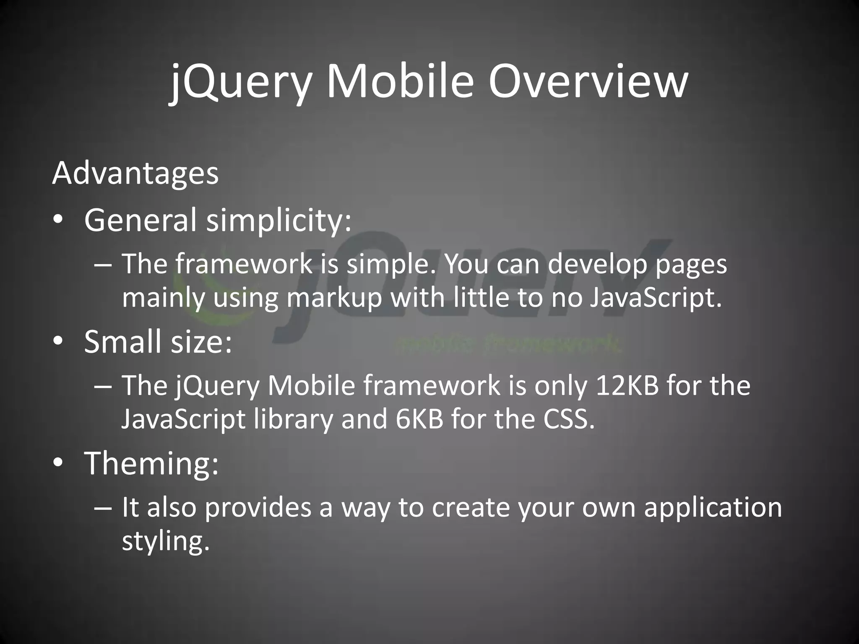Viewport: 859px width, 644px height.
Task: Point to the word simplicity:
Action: (x=279, y=221)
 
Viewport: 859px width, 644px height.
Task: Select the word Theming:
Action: (x=151, y=463)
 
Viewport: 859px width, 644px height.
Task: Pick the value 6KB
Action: (x=419, y=419)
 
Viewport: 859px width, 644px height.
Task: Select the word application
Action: (x=713, y=508)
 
